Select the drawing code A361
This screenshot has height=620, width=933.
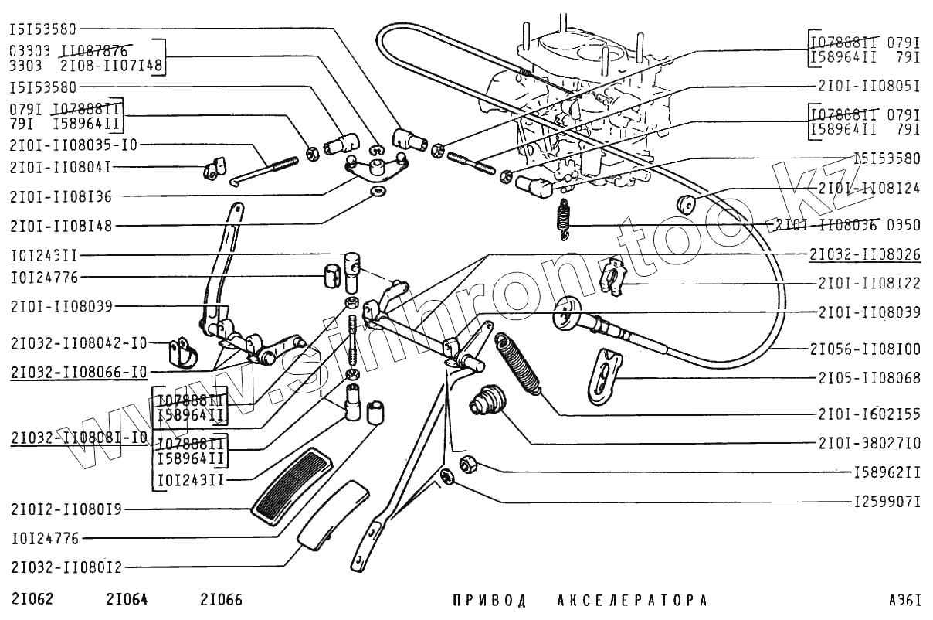904,600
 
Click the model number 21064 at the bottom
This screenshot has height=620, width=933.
127,600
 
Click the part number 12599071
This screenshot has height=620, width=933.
887,502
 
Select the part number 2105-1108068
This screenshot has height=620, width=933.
869,378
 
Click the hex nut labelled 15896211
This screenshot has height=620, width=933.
468,465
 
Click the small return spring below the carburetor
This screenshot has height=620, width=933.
565,216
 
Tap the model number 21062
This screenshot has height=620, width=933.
32,600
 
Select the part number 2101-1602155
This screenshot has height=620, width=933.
869,414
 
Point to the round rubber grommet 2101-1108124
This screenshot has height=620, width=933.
686,206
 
